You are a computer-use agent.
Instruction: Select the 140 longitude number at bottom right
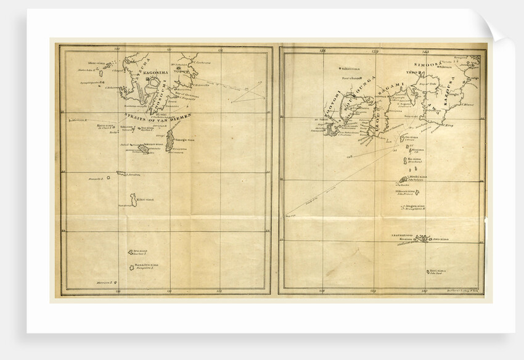[x=425, y=289]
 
